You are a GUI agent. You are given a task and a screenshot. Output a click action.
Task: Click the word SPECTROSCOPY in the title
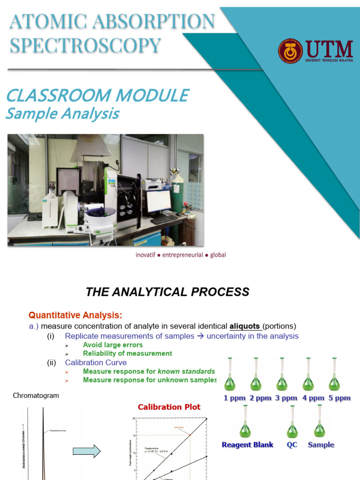tap(85, 45)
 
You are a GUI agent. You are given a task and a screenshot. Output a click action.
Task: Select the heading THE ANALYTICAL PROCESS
tap(167, 292)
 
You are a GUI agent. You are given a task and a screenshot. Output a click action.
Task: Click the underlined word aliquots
tap(245, 326)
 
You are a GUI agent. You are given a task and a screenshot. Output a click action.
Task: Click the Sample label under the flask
tap(321, 444)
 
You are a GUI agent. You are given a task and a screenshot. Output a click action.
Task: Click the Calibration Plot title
tap(169, 407)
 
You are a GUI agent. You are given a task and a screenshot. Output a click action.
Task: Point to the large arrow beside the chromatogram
tap(87, 451)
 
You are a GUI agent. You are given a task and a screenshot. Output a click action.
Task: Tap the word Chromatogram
tap(36, 396)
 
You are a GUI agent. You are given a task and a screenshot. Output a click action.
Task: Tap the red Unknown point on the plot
tap(190, 435)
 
